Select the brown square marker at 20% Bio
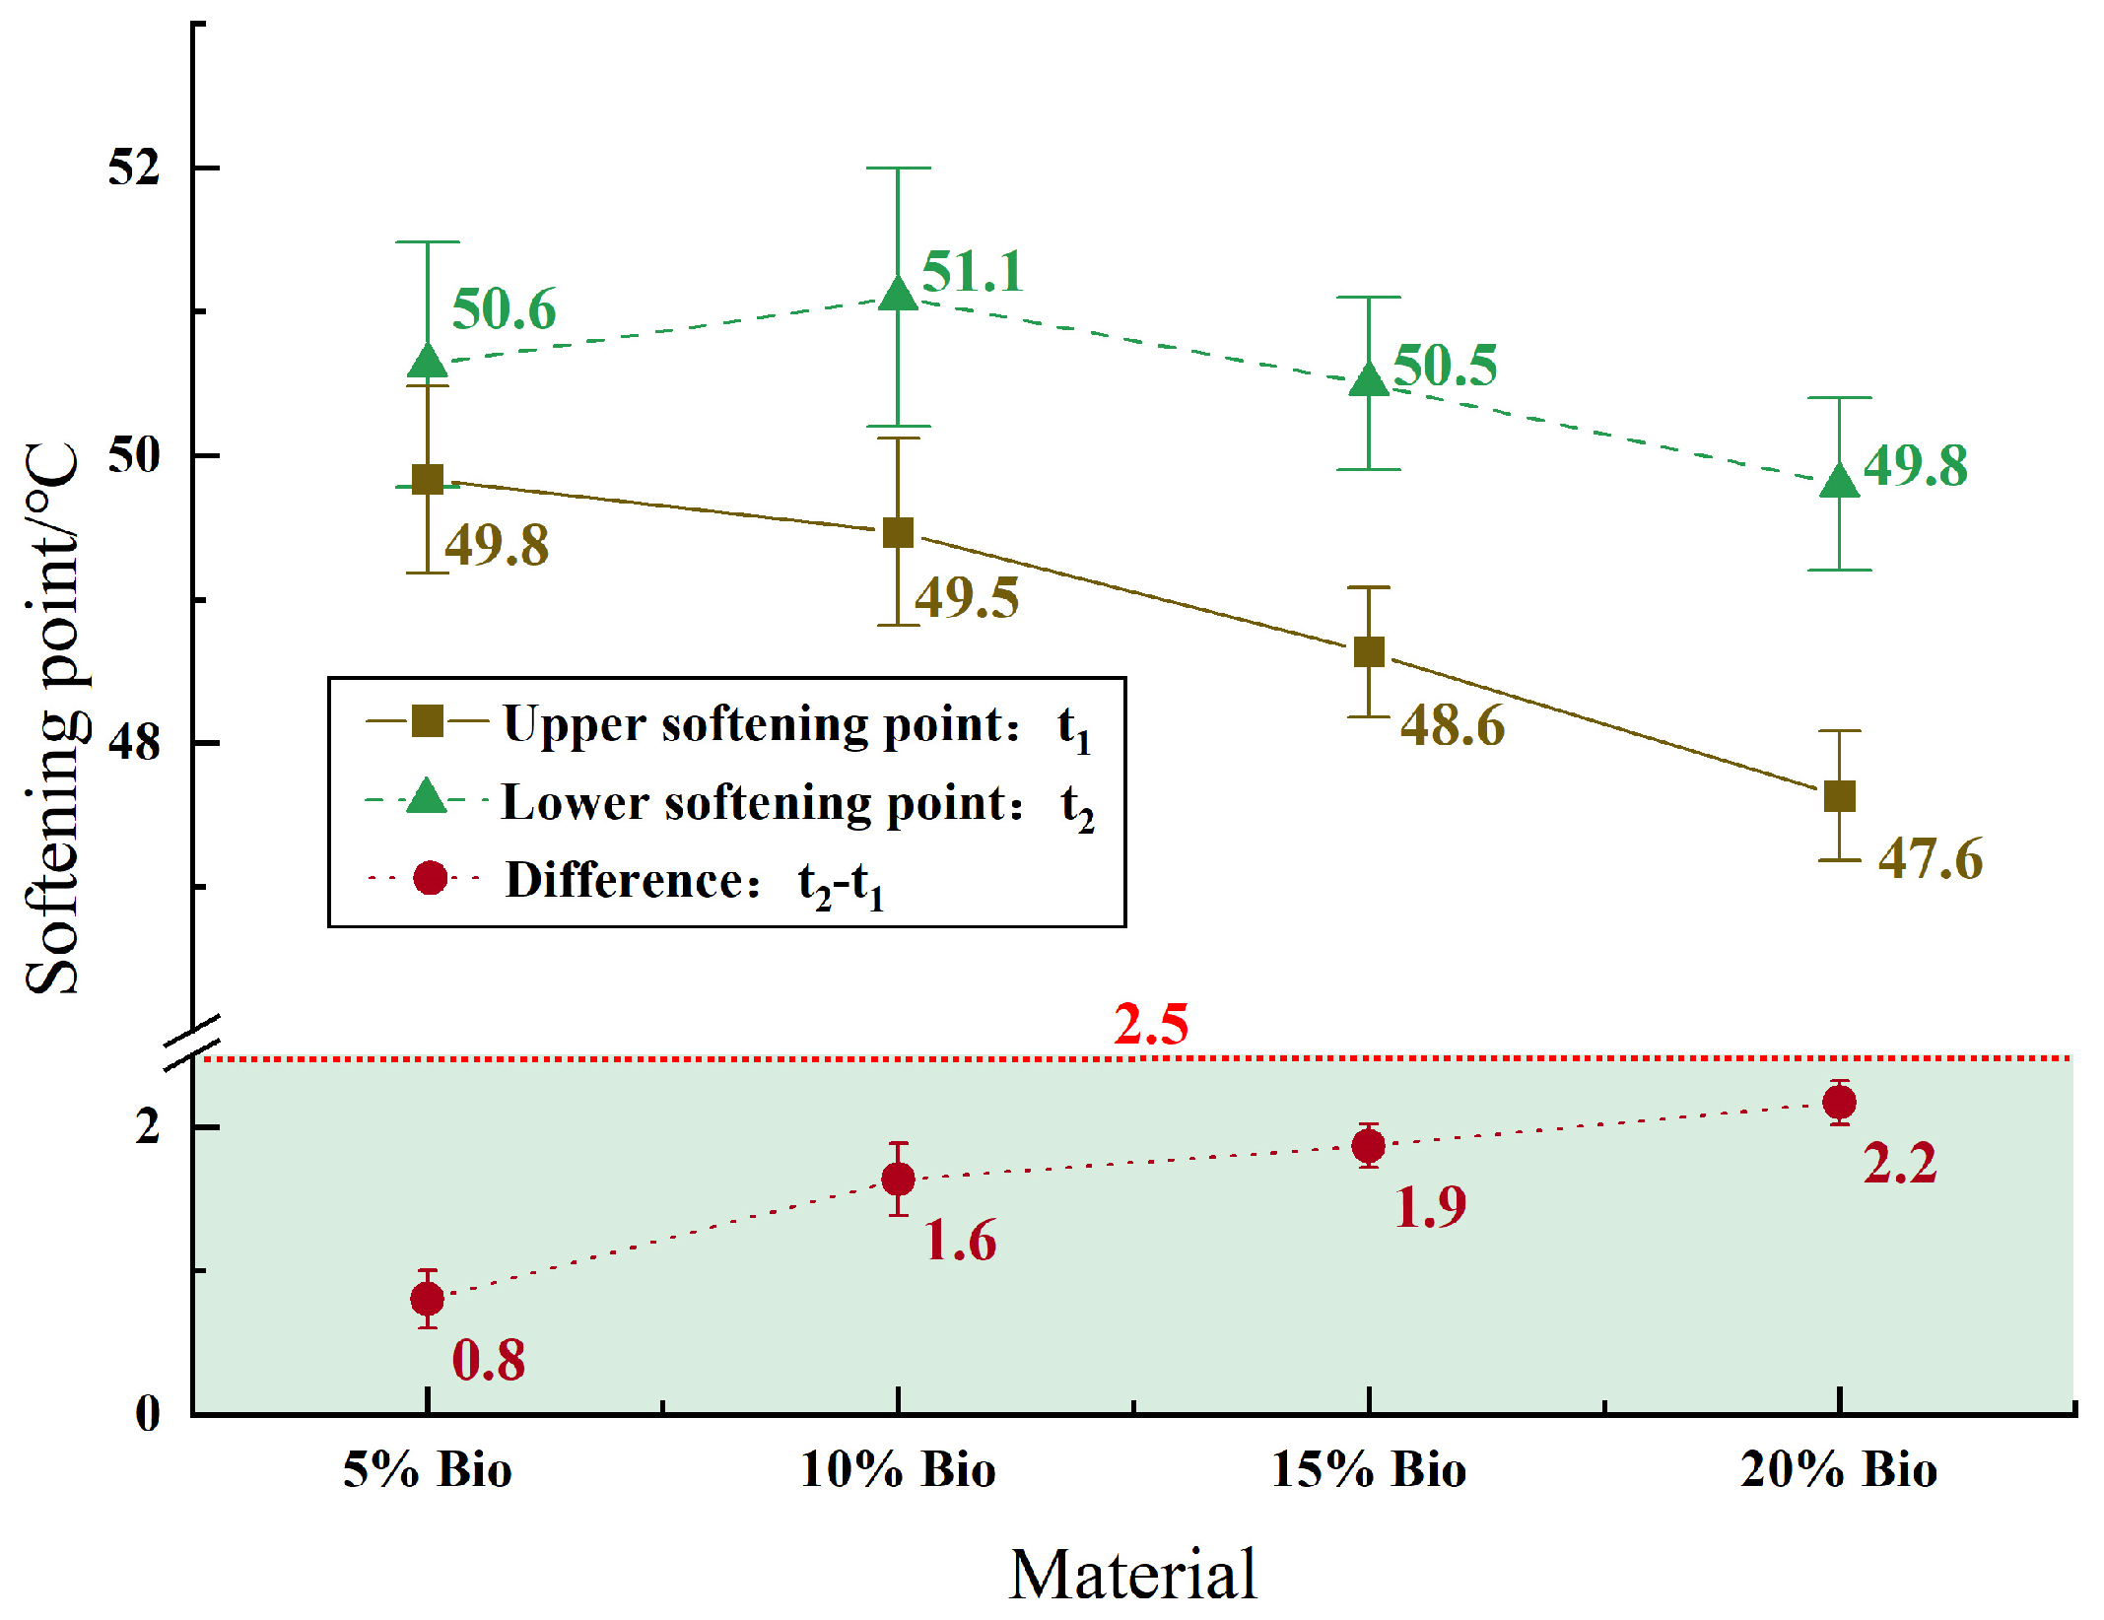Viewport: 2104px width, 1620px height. pyautogui.click(x=1839, y=795)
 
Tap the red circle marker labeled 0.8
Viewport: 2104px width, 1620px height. pyautogui.click(x=427, y=1299)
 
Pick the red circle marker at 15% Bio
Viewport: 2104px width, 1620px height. pyautogui.click(x=1368, y=1146)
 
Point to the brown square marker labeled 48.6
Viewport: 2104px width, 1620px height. pyautogui.click(x=1368, y=651)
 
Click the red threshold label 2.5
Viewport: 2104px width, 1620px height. pyautogui.click(x=1150, y=1024)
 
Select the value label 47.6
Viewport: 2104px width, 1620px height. pyautogui.click(x=1930, y=858)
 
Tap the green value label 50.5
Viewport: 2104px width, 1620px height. pyautogui.click(x=1444, y=366)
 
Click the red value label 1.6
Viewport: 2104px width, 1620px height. pyautogui.click(x=960, y=1240)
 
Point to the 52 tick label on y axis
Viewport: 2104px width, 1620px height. pyautogui.click(x=133, y=168)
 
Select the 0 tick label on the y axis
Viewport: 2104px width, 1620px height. pyautogui.click(x=148, y=1413)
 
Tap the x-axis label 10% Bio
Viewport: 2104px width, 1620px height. pyautogui.click(x=897, y=1469)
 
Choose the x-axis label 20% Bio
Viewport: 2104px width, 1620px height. pyautogui.click(x=1838, y=1469)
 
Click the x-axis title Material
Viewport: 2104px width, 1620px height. pyautogui.click(x=1133, y=1574)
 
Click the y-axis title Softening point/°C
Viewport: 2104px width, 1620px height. pyautogui.click(x=51, y=719)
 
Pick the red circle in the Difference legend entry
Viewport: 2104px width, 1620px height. pyautogui.click(x=430, y=877)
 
